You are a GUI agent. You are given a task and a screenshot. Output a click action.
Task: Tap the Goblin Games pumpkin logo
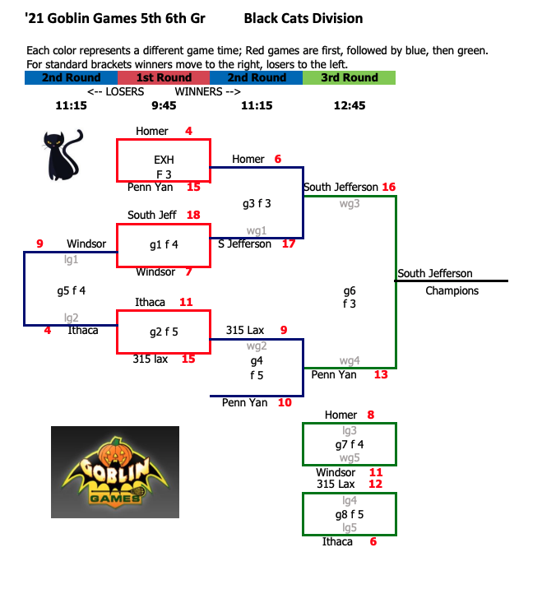pyautogui.click(x=114, y=471)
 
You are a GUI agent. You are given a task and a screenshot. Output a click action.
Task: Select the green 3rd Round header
pyautogui.click(x=349, y=78)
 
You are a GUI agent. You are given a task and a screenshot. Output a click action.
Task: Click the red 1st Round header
pyautogui.click(x=164, y=78)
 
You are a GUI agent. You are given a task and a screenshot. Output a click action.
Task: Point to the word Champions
pyautogui.click(x=452, y=290)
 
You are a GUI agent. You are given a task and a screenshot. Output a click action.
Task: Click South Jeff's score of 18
pyautogui.click(x=194, y=215)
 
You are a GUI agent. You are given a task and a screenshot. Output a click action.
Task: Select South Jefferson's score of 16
pyautogui.click(x=388, y=187)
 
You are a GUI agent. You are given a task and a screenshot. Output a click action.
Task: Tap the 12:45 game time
pyautogui.click(x=350, y=105)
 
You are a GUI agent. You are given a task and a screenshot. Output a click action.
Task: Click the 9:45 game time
pyautogui.click(x=164, y=105)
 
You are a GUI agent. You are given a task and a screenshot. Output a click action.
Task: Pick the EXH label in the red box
pyautogui.click(x=164, y=160)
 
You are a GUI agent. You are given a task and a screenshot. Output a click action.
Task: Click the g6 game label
pyautogui.click(x=350, y=290)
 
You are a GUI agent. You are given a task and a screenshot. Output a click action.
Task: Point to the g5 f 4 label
pyautogui.click(x=72, y=290)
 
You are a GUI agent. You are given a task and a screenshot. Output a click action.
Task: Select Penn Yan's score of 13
pyautogui.click(x=380, y=374)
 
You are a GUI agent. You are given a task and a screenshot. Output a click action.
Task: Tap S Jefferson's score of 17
pyautogui.click(x=289, y=244)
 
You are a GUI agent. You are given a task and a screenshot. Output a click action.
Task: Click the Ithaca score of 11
pyautogui.click(x=186, y=302)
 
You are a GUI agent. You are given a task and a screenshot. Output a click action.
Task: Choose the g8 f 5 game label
pyautogui.click(x=350, y=514)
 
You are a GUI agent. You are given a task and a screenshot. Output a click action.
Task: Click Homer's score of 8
pyautogui.click(x=371, y=415)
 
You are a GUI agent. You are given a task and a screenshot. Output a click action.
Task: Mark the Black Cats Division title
pyautogui.click(x=303, y=18)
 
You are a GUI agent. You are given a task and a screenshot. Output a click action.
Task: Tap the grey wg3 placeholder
pyautogui.click(x=350, y=202)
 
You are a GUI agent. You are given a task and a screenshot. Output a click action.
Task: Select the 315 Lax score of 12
pyautogui.click(x=376, y=484)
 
